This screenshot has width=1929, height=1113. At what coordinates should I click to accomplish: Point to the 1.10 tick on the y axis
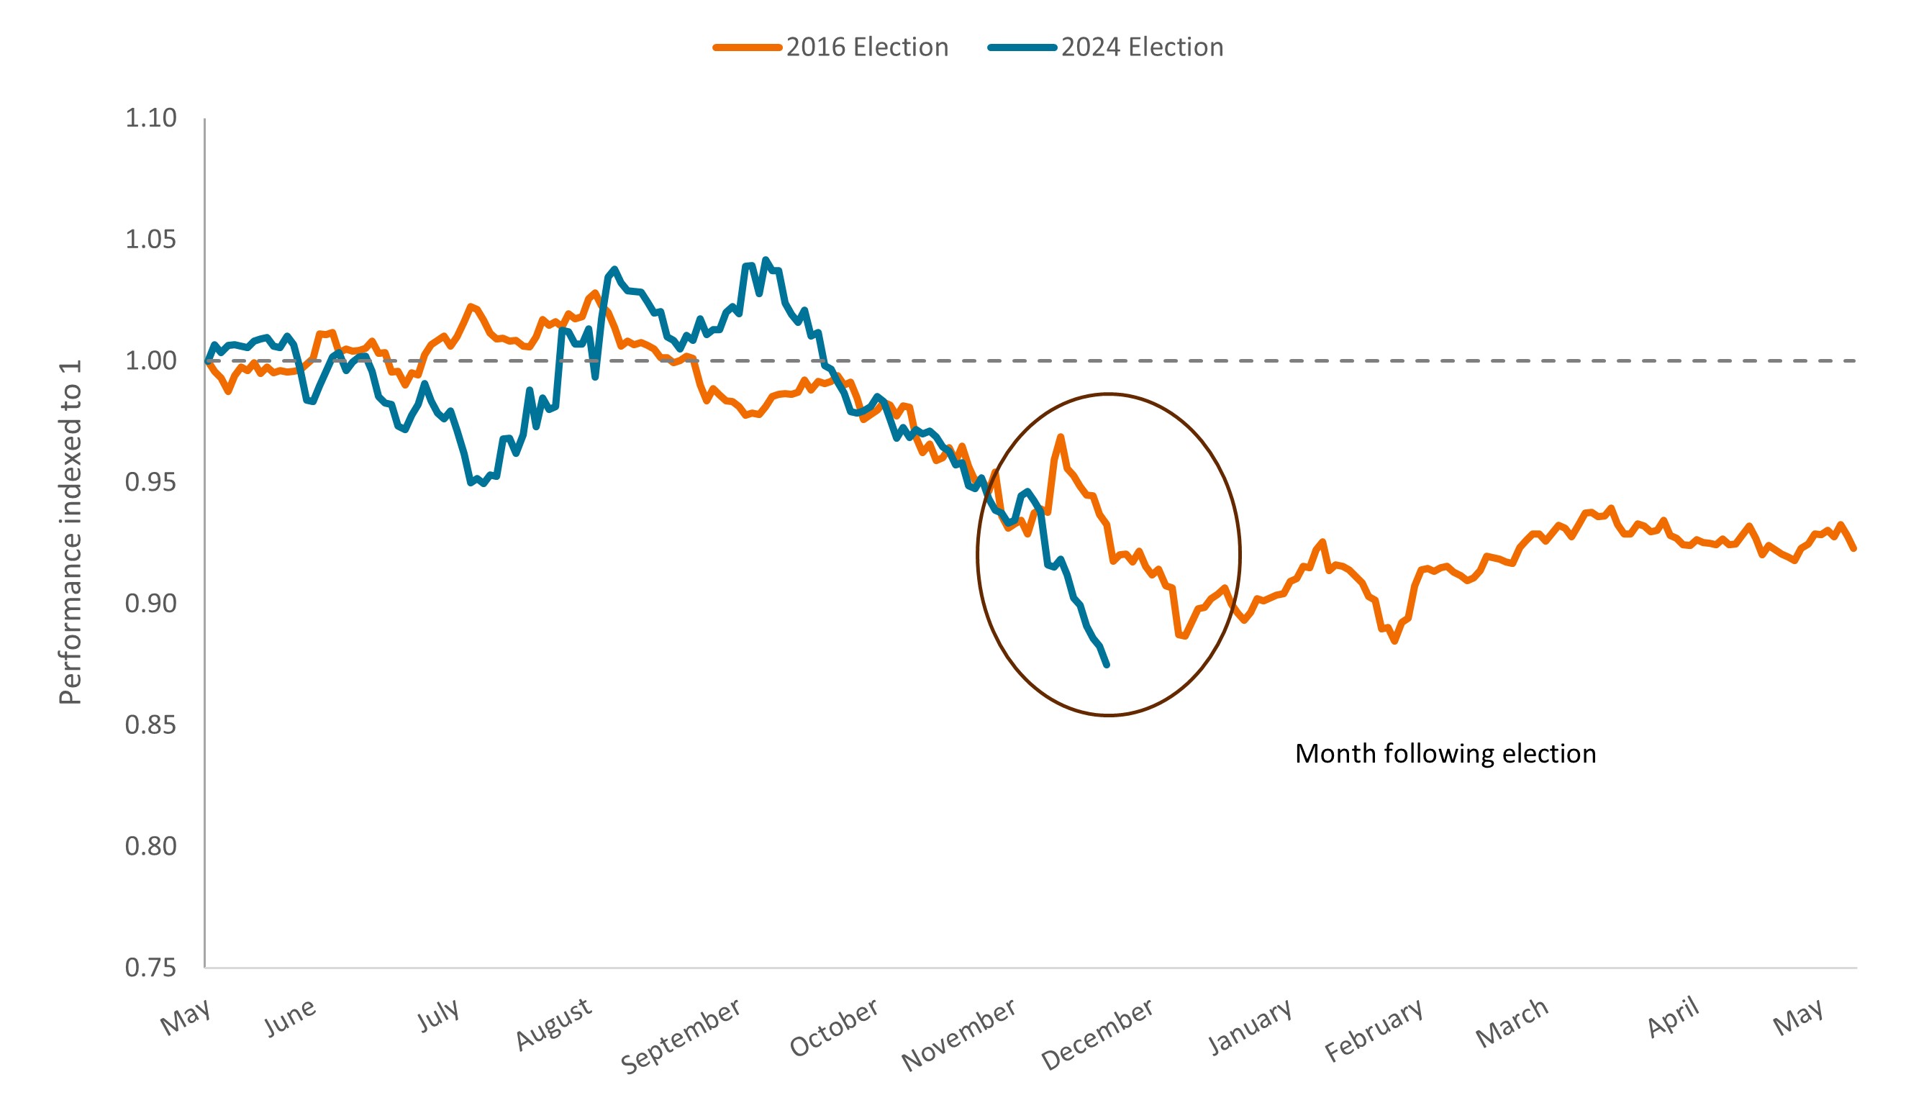pyautogui.click(x=150, y=118)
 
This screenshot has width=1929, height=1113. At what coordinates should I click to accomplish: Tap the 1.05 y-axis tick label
pyautogui.click(x=150, y=240)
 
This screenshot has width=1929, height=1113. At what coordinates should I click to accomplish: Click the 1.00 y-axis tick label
pyautogui.click(x=150, y=361)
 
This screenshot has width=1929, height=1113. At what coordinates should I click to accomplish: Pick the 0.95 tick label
pyautogui.click(x=150, y=482)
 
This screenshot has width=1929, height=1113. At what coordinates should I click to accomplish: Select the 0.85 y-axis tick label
pyautogui.click(x=150, y=724)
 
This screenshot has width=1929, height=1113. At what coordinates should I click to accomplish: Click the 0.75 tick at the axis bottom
pyautogui.click(x=150, y=968)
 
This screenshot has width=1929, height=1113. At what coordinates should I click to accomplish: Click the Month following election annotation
pyautogui.click(x=1445, y=754)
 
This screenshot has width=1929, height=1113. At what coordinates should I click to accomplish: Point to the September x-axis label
pyautogui.click(x=681, y=1036)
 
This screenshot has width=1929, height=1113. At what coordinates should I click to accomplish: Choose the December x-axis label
pyautogui.click(x=1097, y=1033)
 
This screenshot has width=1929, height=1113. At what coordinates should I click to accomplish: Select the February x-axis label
pyautogui.click(x=1374, y=1030)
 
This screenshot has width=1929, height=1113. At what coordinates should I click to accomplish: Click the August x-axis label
pyautogui.click(x=553, y=1024)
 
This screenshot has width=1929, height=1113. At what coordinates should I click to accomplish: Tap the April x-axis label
pyautogui.click(x=1674, y=1017)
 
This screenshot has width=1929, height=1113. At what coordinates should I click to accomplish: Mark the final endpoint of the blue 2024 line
pyautogui.click(x=1107, y=665)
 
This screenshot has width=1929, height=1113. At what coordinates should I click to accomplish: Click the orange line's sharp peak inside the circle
pyautogui.click(x=1060, y=437)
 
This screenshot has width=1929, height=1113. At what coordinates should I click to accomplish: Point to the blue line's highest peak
pyautogui.click(x=766, y=260)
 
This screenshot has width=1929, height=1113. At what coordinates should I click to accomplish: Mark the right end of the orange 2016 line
pyautogui.click(x=1854, y=548)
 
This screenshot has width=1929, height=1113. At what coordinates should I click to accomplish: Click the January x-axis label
pyautogui.click(x=1251, y=1027)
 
